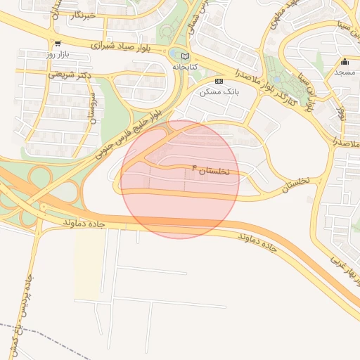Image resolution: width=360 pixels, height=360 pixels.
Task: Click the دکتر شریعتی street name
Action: [69, 73]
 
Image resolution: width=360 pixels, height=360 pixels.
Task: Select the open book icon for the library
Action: [186, 56]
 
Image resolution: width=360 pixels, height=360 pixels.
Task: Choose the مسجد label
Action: [345, 72]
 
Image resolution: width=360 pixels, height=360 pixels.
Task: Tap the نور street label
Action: [342, 112]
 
